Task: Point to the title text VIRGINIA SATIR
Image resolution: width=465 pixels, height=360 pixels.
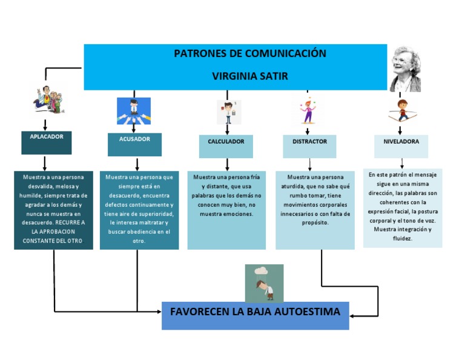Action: pyautogui.click(x=250, y=76)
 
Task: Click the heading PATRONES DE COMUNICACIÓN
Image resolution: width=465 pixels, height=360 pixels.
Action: pyautogui.click(x=250, y=53)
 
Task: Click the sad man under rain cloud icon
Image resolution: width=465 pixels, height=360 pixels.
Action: pyautogui.click(x=264, y=283)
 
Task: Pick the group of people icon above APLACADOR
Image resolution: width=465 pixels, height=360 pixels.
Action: pyautogui.click(x=48, y=100)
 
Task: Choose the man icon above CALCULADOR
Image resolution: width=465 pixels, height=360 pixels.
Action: pyautogui.click(x=228, y=112)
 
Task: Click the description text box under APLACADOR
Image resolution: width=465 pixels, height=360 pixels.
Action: pyautogui.click(x=54, y=210)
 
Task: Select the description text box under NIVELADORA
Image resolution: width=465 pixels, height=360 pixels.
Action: pyautogui.click(x=403, y=208)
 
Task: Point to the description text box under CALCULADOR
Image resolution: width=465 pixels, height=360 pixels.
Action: pyautogui.click(x=226, y=210)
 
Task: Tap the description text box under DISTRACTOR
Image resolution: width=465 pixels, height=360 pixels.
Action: pyautogui.click(x=315, y=210)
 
